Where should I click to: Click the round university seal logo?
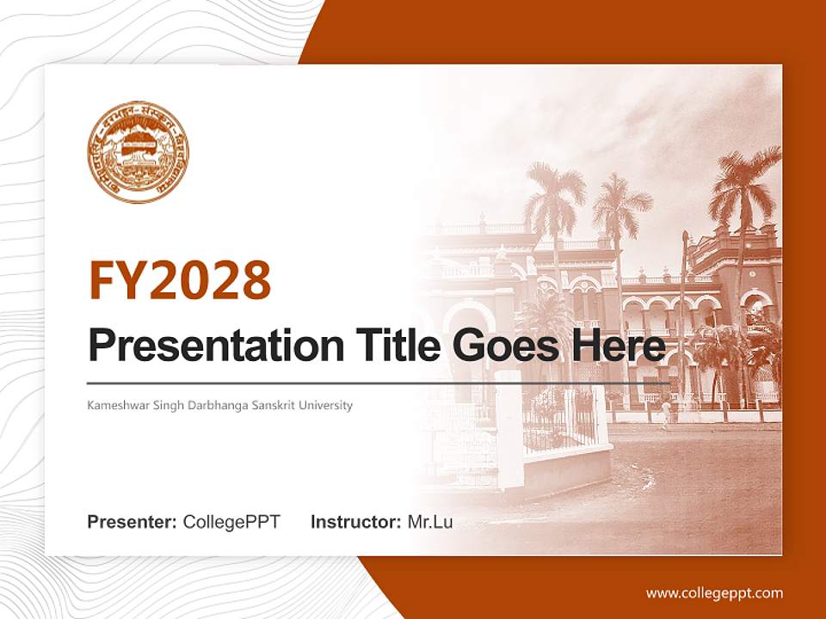[139, 153]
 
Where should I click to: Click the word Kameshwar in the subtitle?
[115, 405]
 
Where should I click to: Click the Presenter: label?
[133, 522]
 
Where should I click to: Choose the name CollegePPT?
[231, 522]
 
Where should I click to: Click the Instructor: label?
[355, 522]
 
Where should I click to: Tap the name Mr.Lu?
[430, 522]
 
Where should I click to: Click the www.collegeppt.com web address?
[714, 593]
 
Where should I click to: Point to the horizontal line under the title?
[379, 383]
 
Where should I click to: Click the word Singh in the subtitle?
[160, 405]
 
